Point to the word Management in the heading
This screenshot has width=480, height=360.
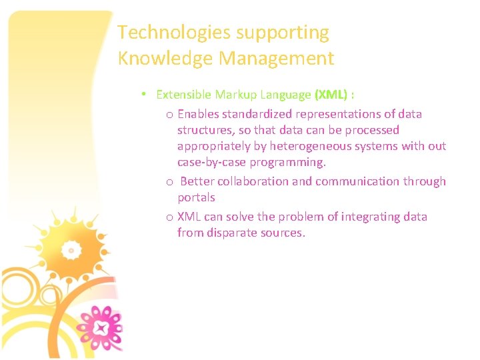point(276,59)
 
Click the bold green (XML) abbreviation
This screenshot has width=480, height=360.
point(331,95)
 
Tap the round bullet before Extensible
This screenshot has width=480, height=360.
point(144,95)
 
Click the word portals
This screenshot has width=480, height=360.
point(196,198)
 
